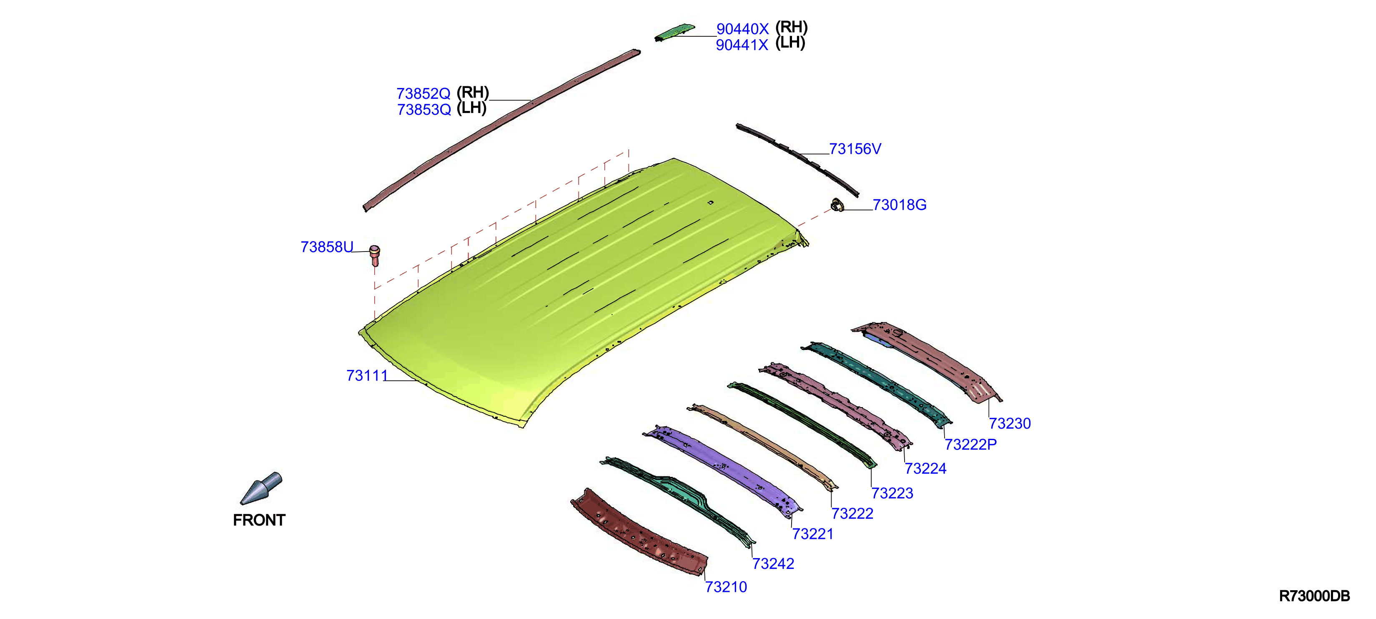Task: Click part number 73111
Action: point(367,376)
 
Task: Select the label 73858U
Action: point(327,247)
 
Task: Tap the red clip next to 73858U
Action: point(374,256)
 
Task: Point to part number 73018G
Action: point(900,205)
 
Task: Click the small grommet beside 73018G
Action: point(837,205)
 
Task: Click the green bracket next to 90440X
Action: point(674,32)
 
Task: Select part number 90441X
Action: point(742,45)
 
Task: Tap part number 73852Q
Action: point(424,93)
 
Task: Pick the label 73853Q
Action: point(424,110)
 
